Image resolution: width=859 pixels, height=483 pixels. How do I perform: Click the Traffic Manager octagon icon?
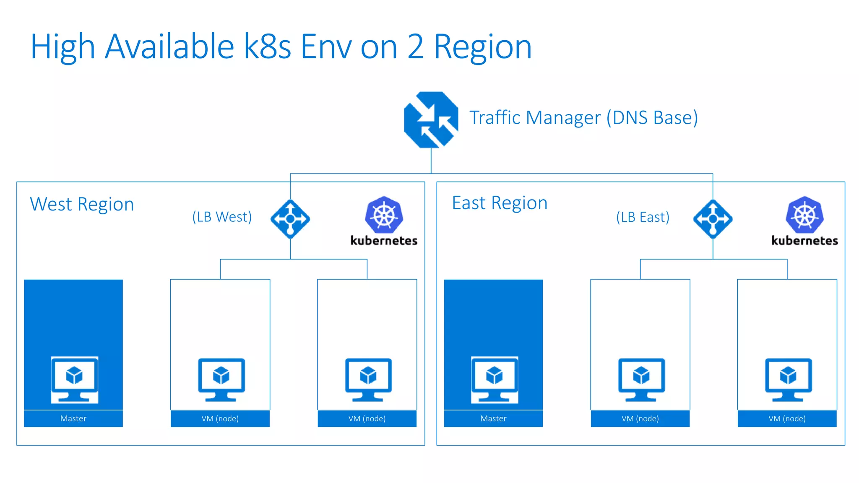[x=431, y=119]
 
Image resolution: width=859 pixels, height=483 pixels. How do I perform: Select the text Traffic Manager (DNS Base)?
[x=583, y=118]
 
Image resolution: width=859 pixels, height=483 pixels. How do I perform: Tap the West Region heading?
[x=82, y=205]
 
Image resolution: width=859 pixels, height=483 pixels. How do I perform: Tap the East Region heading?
[x=500, y=203]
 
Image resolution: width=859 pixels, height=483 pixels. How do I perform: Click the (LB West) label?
[x=222, y=217]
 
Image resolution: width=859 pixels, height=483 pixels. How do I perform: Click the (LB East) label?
[x=643, y=217]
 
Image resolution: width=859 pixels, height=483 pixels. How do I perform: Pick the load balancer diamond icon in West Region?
[x=290, y=219]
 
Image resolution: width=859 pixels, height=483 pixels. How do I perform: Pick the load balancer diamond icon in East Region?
[x=713, y=219]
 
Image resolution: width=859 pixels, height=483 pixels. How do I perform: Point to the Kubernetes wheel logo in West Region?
[x=384, y=215]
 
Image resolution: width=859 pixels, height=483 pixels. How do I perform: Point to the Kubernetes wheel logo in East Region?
[x=804, y=215]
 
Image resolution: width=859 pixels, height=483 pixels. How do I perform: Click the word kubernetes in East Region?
[x=804, y=241]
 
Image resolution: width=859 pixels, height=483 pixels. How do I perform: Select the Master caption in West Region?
[x=73, y=418]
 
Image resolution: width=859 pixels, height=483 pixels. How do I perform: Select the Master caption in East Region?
[x=493, y=418]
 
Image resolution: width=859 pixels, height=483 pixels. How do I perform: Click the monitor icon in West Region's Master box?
[x=75, y=379]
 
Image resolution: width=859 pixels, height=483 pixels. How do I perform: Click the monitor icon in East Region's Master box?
[x=495, y=379]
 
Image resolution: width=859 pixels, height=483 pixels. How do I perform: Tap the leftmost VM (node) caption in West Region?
[x=220, y=418]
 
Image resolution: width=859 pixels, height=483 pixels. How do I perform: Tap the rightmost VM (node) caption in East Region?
[x=787, y=418]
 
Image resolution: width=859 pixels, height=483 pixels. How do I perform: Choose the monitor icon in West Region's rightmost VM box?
[x=368, y=379]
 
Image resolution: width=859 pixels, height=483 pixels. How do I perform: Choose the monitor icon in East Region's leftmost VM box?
[x=641, y=379]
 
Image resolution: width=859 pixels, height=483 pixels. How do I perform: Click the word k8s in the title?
[x=268, y=47]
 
